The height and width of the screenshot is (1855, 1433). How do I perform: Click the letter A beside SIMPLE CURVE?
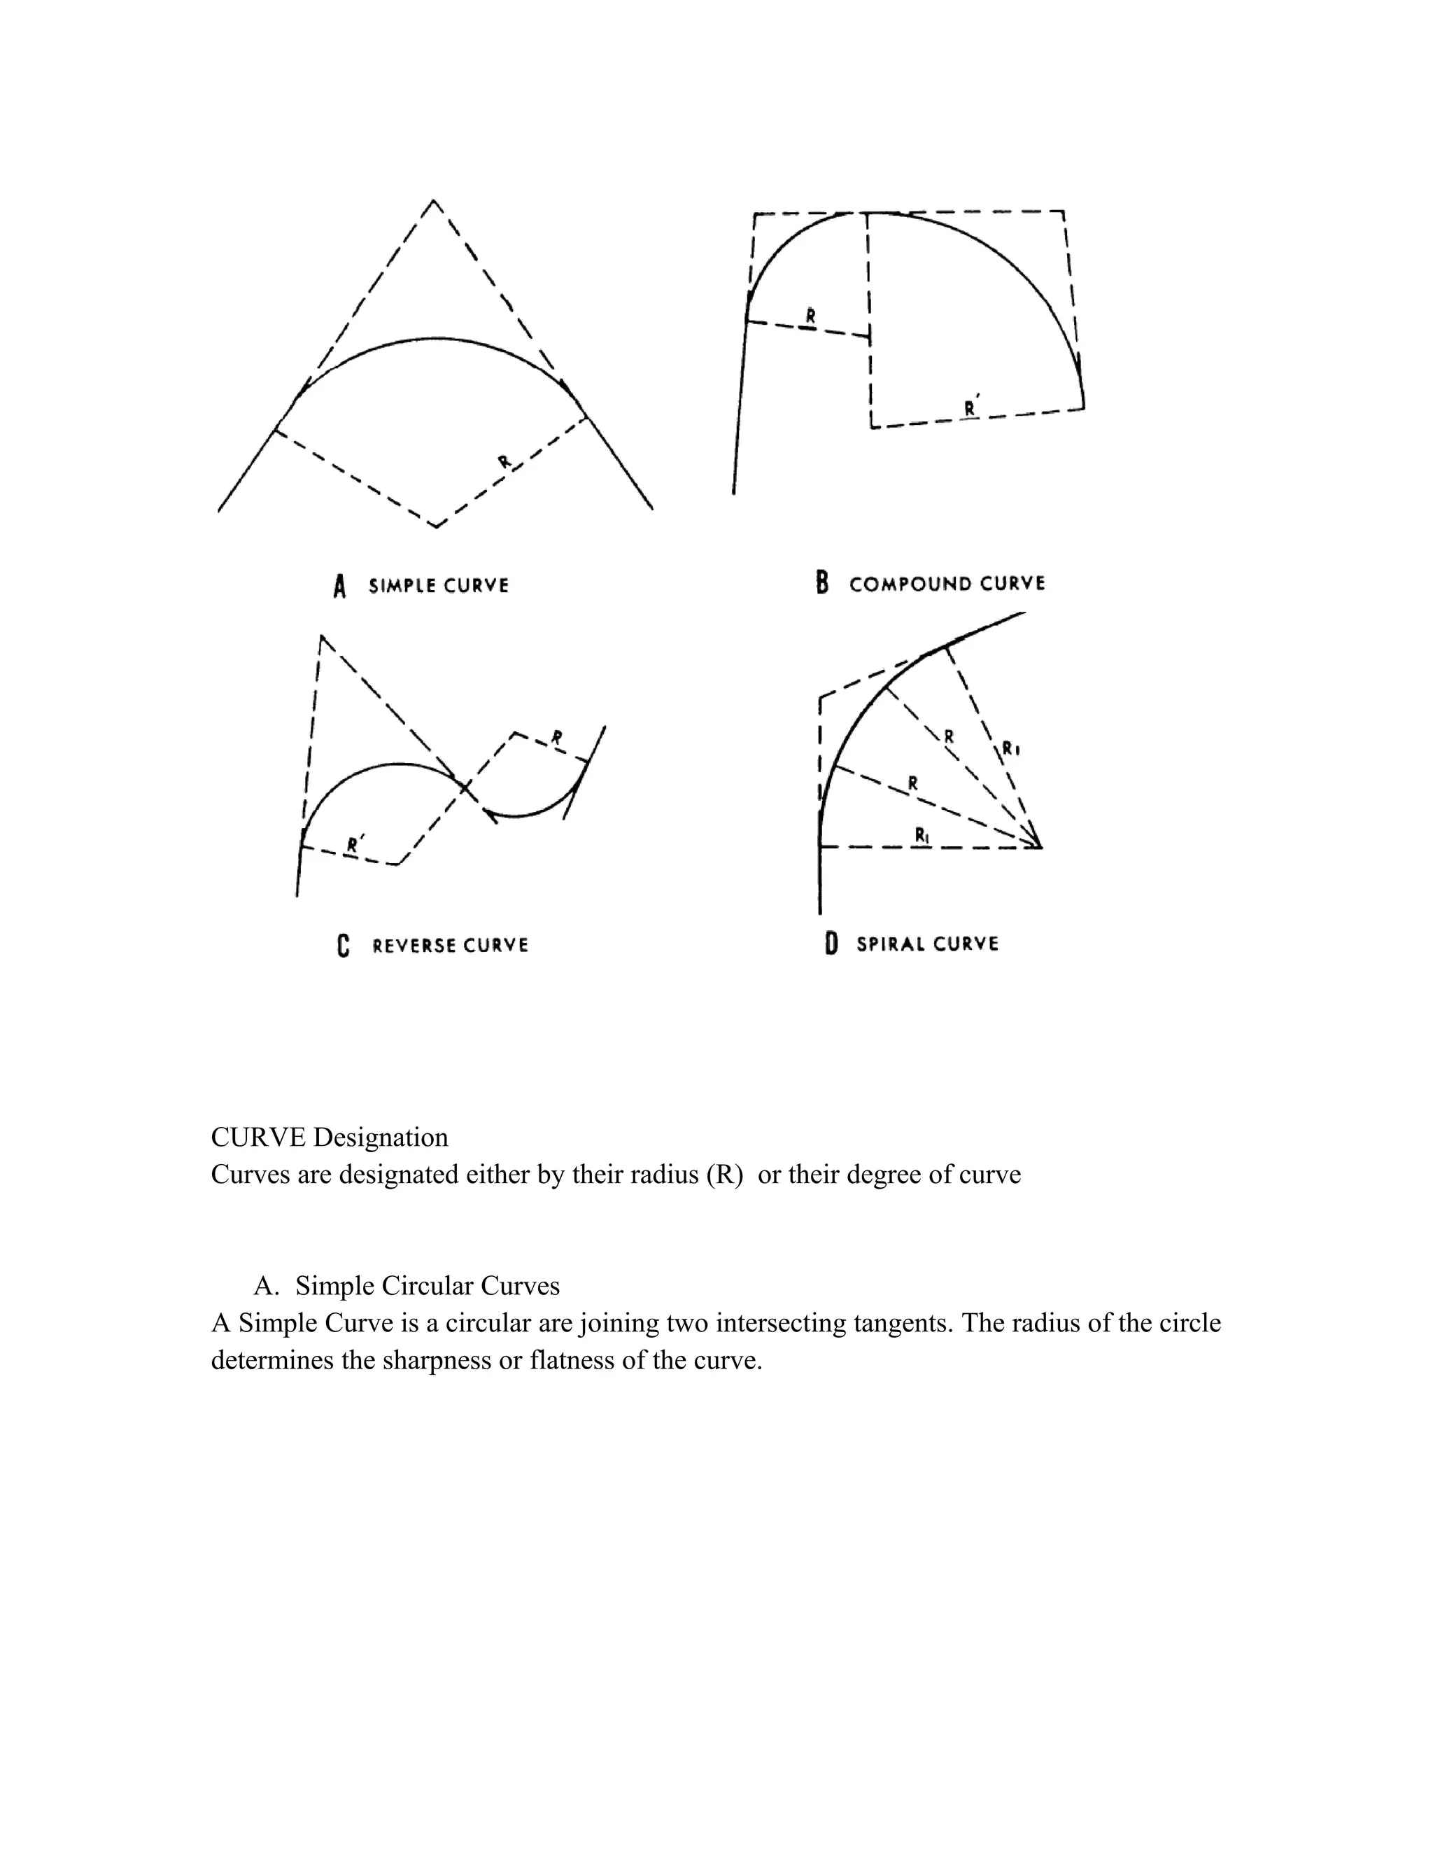(x=339, y=586)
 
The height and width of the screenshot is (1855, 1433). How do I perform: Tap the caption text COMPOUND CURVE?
(x=947, y=584)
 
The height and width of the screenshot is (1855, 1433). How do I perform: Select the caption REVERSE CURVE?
(x=450, y=945)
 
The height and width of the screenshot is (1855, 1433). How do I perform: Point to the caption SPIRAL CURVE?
(x=927, y=944)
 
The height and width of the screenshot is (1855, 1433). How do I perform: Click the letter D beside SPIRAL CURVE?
(x=831, y=944)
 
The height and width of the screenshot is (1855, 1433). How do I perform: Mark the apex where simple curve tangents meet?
(x=434, y=202)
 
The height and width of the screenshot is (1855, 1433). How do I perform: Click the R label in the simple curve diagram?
(x=504, y=462)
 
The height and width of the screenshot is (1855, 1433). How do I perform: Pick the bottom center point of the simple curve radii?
(x=437, y=526)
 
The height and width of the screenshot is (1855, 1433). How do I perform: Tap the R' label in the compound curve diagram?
(x=971, y=407)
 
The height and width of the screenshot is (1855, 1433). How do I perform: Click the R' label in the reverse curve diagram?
(x=355, y=843)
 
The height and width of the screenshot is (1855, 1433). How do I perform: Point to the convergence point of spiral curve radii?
(x=1040, y=847)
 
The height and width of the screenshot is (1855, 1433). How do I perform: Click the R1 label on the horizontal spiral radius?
(x=923, y=835)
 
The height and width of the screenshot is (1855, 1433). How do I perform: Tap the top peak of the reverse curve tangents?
(x=321, y=636)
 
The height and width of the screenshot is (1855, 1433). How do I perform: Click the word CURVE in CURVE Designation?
(x=258, y=1137)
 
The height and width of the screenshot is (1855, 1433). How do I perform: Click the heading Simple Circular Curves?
(x=427, y=1286)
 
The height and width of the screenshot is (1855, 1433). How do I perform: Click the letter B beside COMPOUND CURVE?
(x=821, y=584)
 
